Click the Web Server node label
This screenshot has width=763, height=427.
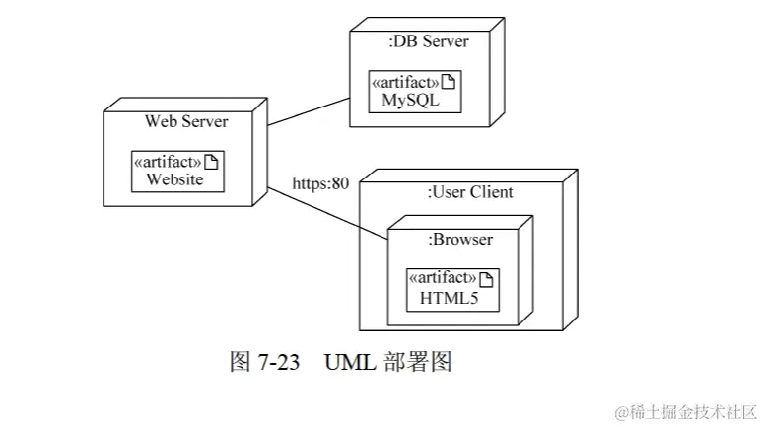[186, 121]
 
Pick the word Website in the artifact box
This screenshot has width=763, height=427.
[174, 179]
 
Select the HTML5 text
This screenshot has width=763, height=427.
[449, 297]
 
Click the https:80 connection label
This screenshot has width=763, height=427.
[320, 183]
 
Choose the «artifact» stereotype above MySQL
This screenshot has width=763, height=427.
[406, 83]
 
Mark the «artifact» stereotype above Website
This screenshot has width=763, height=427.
[168, 162]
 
